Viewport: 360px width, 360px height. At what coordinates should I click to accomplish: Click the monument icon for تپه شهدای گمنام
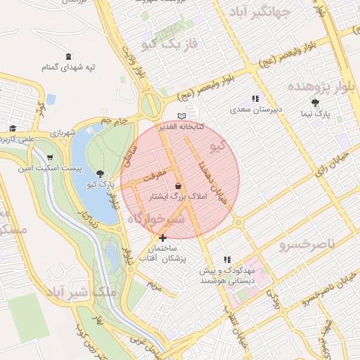pyautogui.click(x=67, y=56)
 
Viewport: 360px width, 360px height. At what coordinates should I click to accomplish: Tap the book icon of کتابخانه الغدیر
pyautogui.click(x=182, y=116)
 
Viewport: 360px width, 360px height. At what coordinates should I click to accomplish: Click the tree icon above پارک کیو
pyautogui.click(x=101, y=173)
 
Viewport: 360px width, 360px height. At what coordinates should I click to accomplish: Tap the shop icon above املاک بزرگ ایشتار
pyautogui.click(x=179, y=186)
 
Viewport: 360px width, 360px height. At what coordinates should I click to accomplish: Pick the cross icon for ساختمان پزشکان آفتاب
pyautogui.click(x=163, y=238)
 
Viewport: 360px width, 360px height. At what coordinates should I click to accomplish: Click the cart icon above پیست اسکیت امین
pyautogui.click(x=49, y=157)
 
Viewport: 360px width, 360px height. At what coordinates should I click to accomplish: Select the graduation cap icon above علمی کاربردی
pyautogui.click(x=13, y=128)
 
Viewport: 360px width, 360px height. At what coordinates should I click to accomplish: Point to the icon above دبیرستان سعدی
pyautogui.click(x=255, y=99)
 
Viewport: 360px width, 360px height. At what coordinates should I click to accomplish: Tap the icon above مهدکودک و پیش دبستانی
pyautogui.click(x=226, y=259)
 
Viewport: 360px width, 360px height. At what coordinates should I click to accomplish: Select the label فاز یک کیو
pyautogui.click(x=168, y=45)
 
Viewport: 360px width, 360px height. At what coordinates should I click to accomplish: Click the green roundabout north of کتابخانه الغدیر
pyautogui.click(x=150, y=106)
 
